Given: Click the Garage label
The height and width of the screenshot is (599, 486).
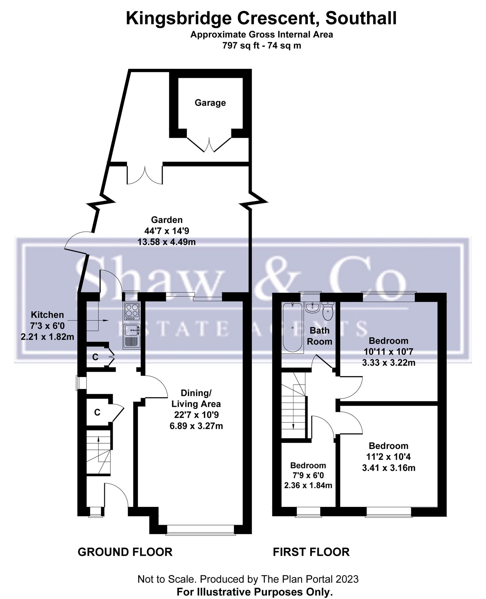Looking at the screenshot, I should tap(210, 103).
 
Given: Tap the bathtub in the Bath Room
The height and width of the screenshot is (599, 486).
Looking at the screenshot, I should tap(293, 328).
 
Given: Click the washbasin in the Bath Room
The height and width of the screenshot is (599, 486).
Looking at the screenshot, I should tap(311, 307).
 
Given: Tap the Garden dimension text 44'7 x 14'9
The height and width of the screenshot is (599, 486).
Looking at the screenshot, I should tap(167, 231).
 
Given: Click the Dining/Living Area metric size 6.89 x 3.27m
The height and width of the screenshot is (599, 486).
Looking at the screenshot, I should tap(196, 426).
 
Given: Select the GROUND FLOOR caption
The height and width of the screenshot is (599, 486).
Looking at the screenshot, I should tap(125, 552).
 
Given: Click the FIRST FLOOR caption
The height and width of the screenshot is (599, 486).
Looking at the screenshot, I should tap(311, 552).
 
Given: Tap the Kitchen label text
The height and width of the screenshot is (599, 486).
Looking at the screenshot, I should tap(47, 315).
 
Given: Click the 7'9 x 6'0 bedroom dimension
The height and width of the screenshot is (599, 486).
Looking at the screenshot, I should tap(308, 476).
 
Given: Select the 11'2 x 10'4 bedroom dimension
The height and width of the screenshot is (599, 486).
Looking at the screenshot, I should tap(388, 457).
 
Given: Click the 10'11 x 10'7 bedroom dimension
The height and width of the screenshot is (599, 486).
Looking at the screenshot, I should tap(388, 351).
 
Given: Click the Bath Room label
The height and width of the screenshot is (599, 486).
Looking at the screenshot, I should tap(319, 336).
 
